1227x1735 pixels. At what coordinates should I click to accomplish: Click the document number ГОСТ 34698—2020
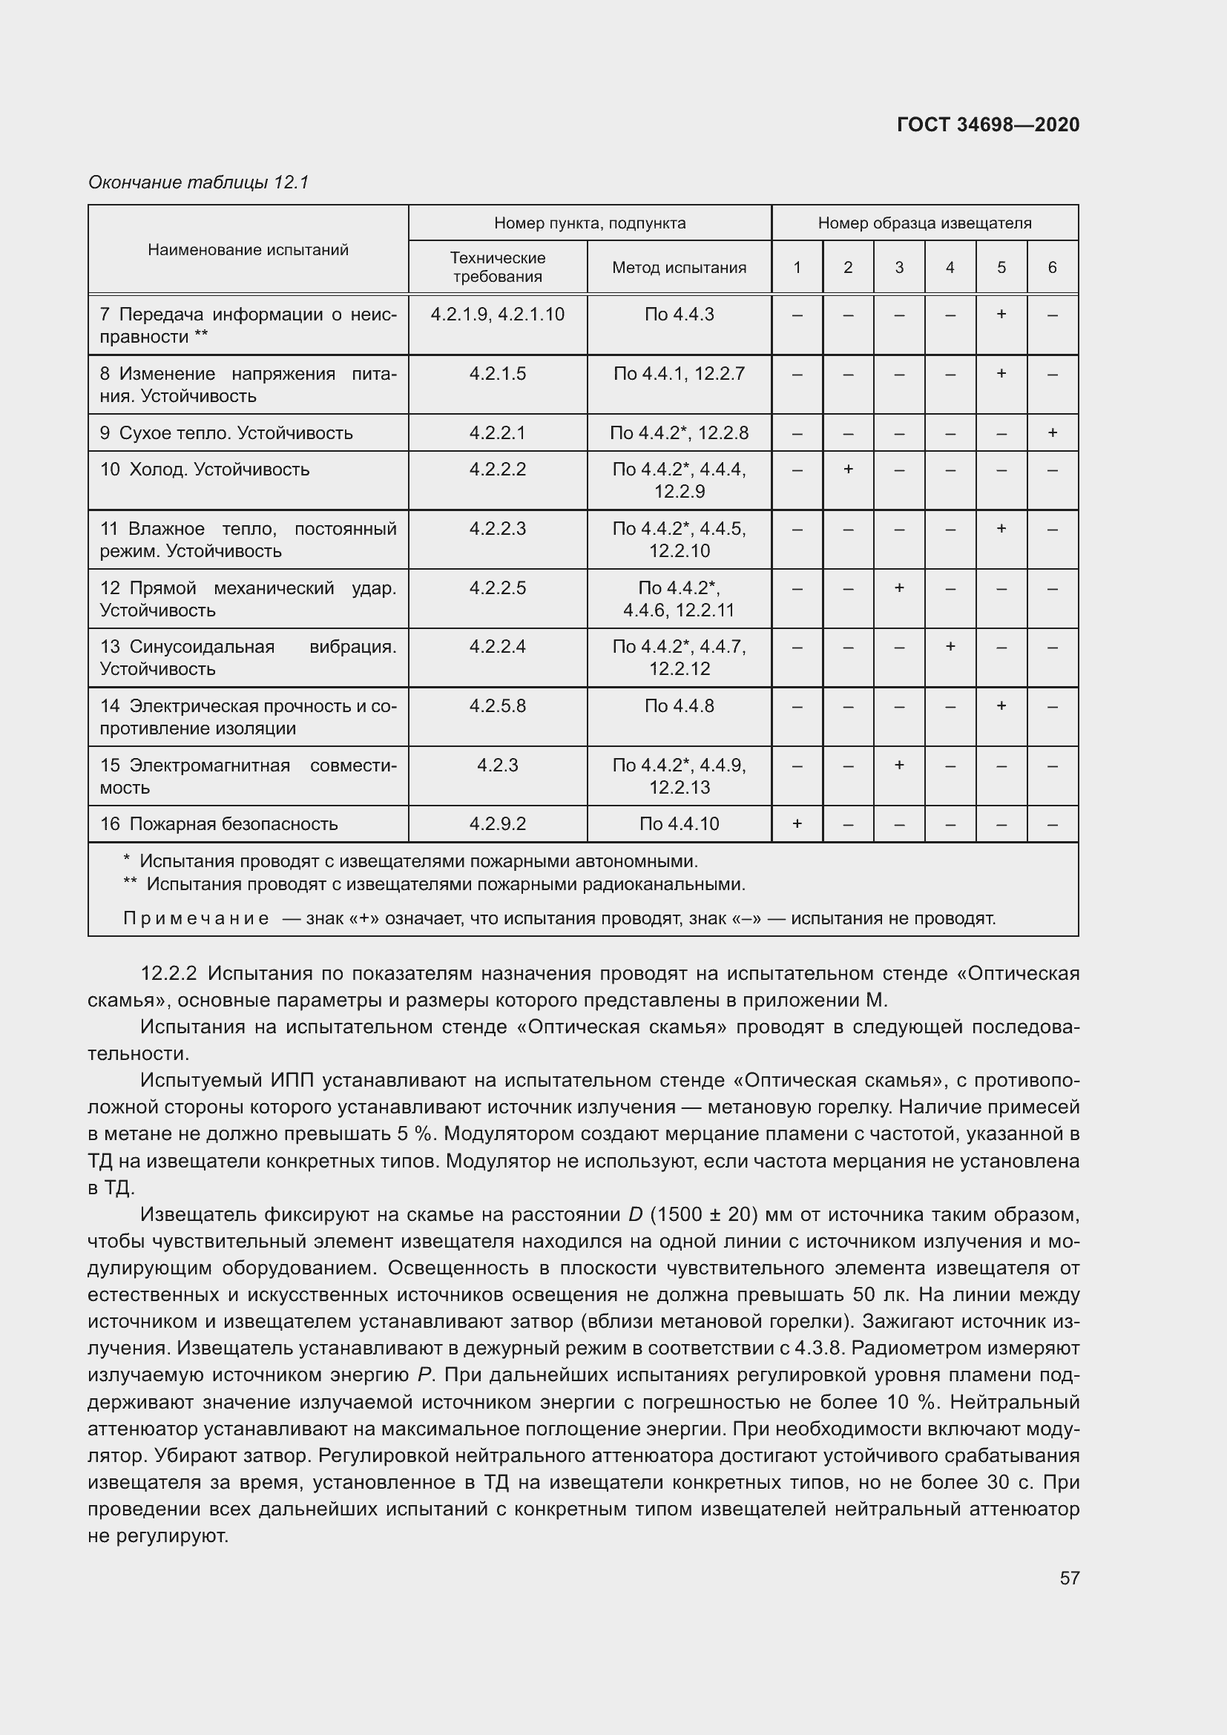point(987,125)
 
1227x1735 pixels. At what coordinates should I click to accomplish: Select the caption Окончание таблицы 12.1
point(199,182)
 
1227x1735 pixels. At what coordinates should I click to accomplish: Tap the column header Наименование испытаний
point(248,249)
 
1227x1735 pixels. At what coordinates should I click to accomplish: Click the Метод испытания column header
point(679,268)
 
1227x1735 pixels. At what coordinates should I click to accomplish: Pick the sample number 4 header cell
point(950,268)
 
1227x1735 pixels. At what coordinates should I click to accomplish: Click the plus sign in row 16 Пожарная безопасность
point(796,823)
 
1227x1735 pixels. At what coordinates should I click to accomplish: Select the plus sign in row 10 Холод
point(848,470)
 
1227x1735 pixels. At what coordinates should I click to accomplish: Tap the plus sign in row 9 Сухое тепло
point(1052,433)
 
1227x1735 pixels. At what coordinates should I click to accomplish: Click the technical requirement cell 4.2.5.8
point(497,705)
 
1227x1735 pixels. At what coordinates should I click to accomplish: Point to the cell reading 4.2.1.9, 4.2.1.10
point(497,315)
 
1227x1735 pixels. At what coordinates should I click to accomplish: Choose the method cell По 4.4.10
point(679,823)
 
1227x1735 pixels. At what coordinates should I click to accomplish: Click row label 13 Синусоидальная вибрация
point(248,657)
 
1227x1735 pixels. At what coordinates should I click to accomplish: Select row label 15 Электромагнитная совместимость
point(248,776)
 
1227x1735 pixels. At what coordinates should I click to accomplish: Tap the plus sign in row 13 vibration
point(950,647)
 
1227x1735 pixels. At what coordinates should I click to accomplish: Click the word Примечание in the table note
point(196,918)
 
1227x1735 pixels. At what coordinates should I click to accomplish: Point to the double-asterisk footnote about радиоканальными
point(435,883)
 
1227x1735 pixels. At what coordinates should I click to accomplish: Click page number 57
point(1069,1578)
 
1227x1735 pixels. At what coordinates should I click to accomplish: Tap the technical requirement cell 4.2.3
point(497,766)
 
